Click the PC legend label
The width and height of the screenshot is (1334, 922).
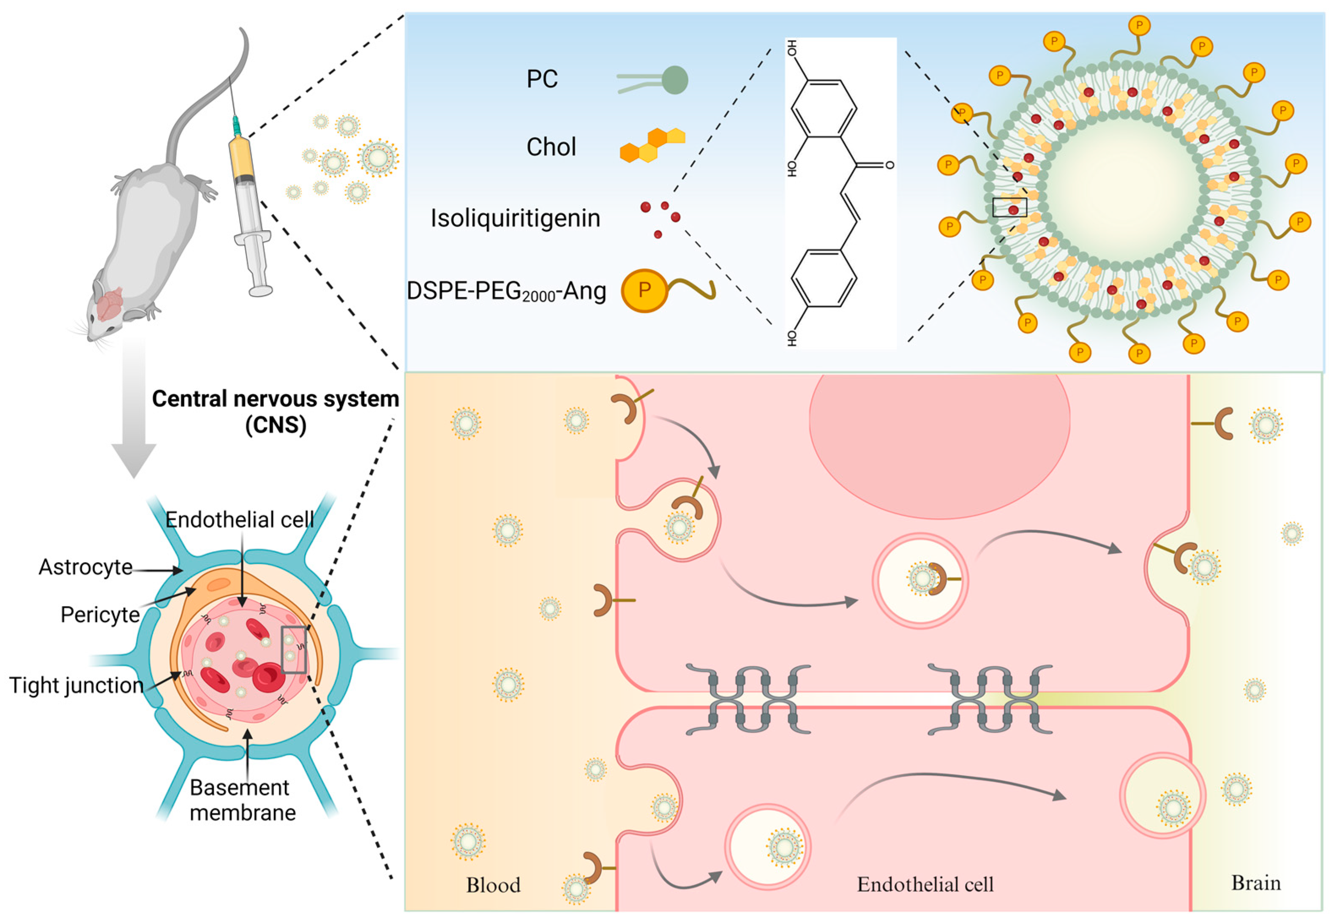point(542,79)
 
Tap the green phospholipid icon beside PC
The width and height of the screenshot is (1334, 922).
point(674,80)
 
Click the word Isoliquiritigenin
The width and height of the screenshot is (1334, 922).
point(515,218)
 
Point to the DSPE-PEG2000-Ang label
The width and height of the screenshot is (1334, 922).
point(506,291)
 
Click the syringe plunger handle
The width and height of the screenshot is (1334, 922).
point(260,291)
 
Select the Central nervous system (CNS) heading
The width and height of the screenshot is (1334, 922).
point(275,411)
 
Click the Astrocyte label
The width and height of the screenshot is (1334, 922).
point(85,567)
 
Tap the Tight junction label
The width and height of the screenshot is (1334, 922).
point(76,685)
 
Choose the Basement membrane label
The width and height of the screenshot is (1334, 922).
point(242,800)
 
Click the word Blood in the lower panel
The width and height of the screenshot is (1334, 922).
point(493,884)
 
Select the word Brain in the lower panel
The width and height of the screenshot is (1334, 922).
point(1255,883)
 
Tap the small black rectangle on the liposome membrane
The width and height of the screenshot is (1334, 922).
point(1009,207)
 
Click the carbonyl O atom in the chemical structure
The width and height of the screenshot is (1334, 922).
point(889,165)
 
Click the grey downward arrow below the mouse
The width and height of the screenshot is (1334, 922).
point(134,416)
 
